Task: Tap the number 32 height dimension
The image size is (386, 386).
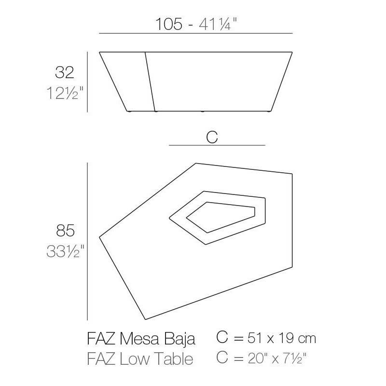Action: click(64, 73)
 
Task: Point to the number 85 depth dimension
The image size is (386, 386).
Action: click(64, 232)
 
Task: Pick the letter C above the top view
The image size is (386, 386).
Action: click(212, 137)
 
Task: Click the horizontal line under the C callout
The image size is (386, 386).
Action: click(217, 145)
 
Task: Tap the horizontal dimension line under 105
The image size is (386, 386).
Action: click(195, 33)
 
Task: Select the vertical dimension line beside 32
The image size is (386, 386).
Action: click(87, 82)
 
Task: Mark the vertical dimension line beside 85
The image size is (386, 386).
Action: click(87, 241)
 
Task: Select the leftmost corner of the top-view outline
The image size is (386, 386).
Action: click(99, 237)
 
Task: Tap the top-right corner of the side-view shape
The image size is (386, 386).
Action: click(293, 52)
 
